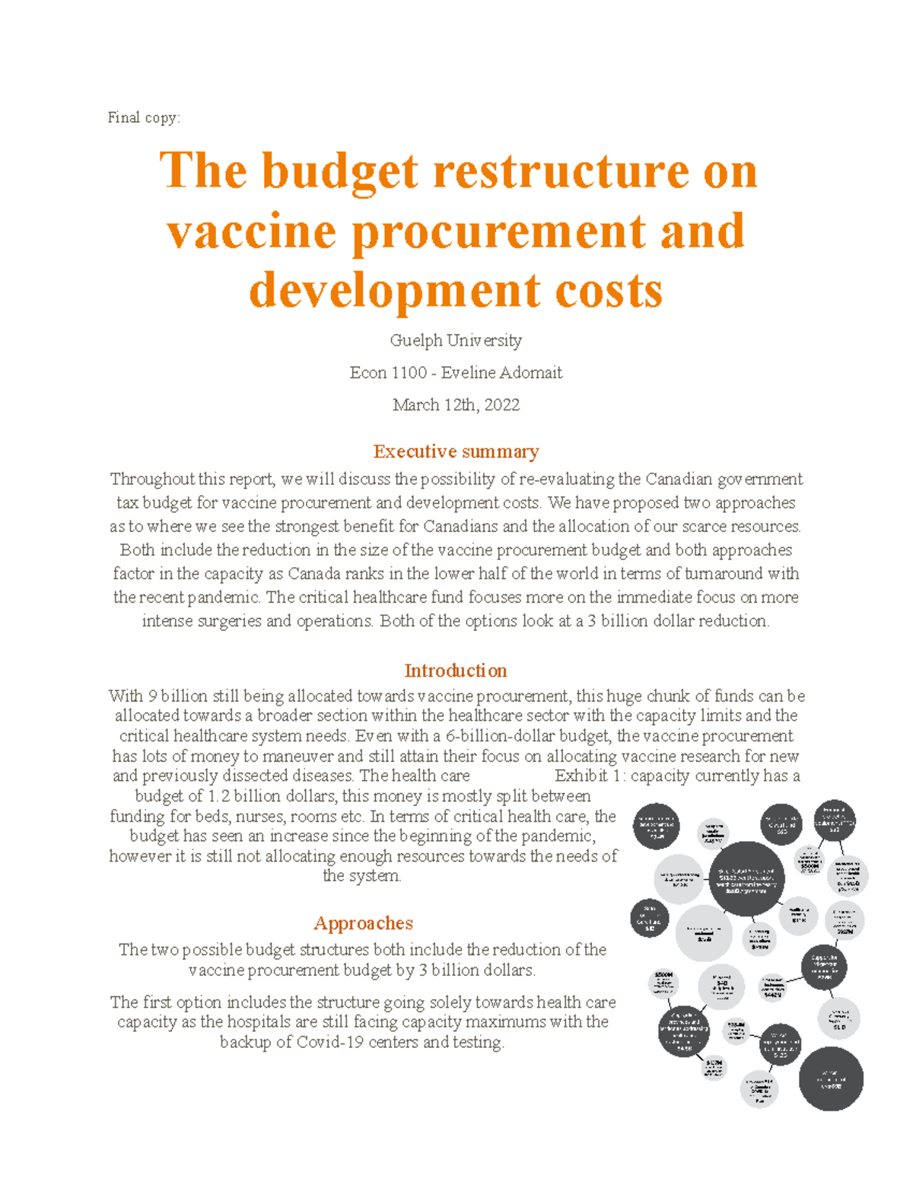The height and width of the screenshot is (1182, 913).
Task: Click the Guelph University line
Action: coord(456,340)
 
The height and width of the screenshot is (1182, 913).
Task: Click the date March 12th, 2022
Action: coord(456,405)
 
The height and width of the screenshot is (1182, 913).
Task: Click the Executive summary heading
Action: coord(456,451)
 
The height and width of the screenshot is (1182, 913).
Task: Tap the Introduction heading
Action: coord(455,671)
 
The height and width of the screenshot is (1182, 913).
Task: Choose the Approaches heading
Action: coord(363,923)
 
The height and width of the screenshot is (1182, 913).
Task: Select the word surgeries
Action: coord(229,621)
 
